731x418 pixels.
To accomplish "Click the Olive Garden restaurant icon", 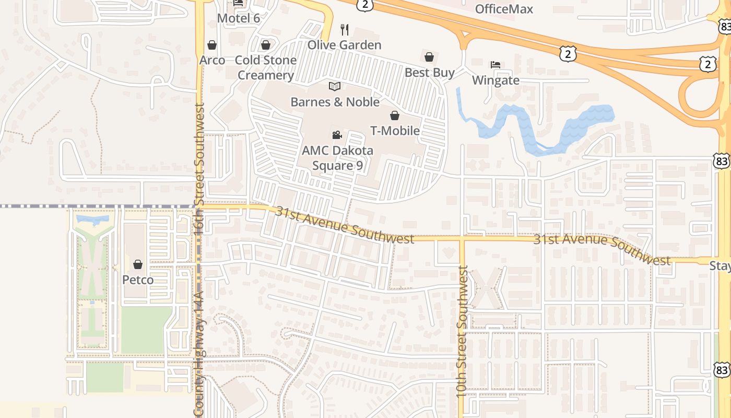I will (x=344, y=29).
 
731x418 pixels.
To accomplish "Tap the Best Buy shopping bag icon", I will (x=429, y=56).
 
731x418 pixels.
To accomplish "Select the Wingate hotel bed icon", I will (x=496, y=65).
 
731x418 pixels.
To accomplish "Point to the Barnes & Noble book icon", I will (x=335, y=86).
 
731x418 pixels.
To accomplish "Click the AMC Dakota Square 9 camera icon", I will (x=337, y=135).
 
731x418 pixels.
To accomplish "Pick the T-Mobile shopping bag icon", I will (x=395, y=115).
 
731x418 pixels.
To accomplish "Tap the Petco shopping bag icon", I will (x=138, y=265).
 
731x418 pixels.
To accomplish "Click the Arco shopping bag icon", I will (x=212, y=45).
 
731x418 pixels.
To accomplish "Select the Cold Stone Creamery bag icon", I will (x=266, y=45).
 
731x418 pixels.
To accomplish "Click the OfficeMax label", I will (x=504, y=9).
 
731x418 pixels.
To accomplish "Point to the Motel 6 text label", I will (x=238, y=18).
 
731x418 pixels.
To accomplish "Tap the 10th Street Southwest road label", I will (x=461, y=331).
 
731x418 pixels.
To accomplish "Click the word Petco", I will (x=138, y=280).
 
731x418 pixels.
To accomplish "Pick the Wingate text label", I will (x=496, y=80).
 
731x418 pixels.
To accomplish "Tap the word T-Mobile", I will (x=395, y=130).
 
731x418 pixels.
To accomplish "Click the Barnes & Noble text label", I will (x=335, y=101).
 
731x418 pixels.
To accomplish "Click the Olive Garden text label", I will (x=344, y=45).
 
